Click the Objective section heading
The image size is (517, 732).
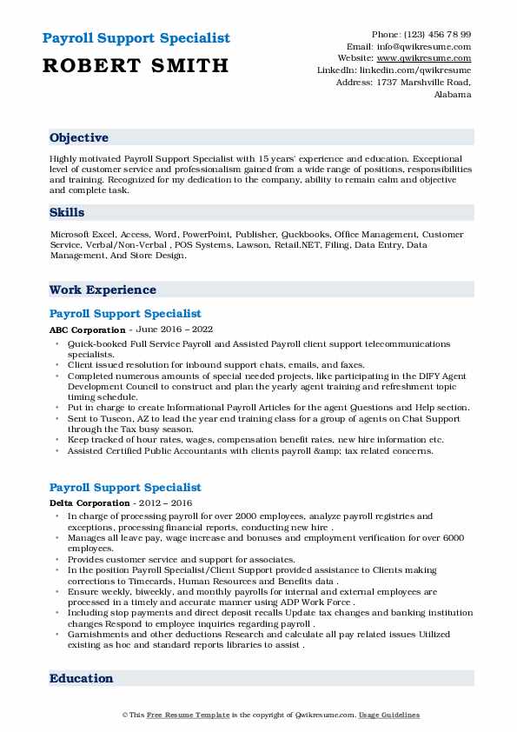[x=79, y=137]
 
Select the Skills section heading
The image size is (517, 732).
[x=67, y=212]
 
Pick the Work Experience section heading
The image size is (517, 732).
[x=103, y=289]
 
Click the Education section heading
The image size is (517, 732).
[x=81, y=678]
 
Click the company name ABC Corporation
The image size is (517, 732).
[x=87, y=330]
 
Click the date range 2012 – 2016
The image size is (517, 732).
[x=163, y=502]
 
